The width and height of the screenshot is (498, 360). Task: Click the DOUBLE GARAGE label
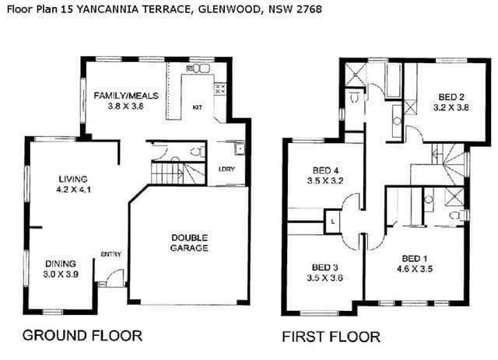[189, 243]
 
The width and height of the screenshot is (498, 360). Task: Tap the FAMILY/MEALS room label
[126, 96]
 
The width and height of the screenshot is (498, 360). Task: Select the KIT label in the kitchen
[197, 107]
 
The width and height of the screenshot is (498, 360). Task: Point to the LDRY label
[226, 170]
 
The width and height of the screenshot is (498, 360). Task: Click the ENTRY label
[110, 254]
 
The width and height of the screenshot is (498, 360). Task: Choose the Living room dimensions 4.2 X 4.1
[73, 190]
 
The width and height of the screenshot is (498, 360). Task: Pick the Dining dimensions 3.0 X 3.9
[61, 274]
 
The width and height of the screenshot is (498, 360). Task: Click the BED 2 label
[451, 97]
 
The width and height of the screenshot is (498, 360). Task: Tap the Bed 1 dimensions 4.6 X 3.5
[415, 269]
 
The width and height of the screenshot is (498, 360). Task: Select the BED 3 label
[324, 267]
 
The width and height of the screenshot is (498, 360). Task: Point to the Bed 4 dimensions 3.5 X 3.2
[325, 181]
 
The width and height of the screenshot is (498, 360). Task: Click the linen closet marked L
[332, 222]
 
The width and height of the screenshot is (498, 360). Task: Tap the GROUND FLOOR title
[82, 336]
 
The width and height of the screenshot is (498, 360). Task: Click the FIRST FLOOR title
[331, 337]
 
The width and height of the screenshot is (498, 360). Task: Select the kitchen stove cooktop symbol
[220, 89]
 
